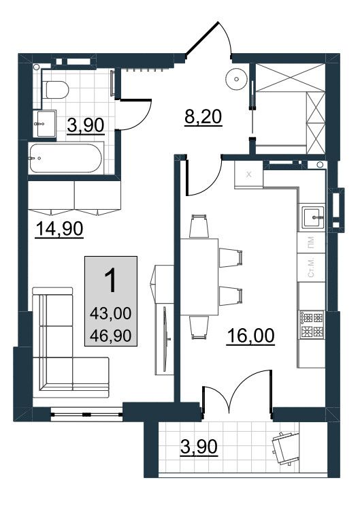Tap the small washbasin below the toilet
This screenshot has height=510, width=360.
(x=42, y=125)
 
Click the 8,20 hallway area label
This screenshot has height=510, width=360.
(x=203, y=117)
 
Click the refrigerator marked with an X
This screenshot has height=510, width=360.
(x=248, y=174)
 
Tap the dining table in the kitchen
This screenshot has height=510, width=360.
(x=199, y=276)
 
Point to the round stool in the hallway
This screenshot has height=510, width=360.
(x=235, y=79)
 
